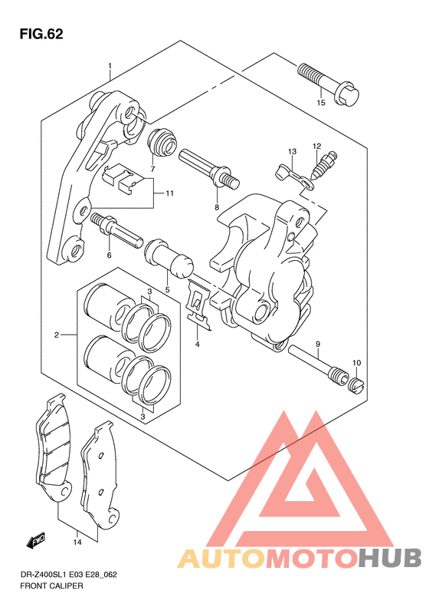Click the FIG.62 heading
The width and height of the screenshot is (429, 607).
pos(41,34)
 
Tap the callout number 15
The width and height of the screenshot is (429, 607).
pos(321,103)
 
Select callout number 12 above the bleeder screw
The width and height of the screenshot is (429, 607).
pos(317,147)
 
